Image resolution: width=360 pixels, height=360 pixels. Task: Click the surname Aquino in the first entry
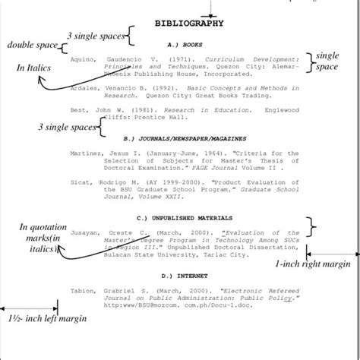coord(83,58)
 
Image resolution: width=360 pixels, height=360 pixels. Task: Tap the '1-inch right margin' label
coord(312,264)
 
